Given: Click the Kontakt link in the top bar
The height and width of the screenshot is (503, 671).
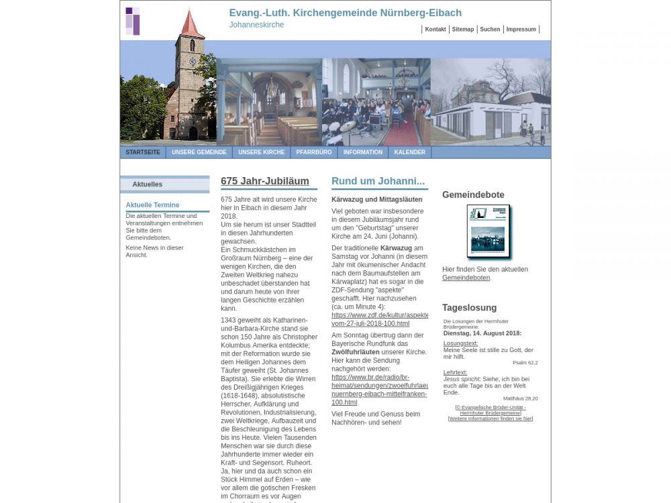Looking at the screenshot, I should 435,30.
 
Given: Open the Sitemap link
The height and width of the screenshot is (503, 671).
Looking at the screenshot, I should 462,30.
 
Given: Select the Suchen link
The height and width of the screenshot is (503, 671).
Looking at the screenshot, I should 490,30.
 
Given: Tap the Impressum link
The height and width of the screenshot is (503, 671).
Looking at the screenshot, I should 521,30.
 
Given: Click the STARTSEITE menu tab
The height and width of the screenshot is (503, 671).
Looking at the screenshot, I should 143,152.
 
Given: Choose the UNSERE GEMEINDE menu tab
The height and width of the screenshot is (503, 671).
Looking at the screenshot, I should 199,152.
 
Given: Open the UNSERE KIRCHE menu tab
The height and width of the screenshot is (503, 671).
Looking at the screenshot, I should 261,152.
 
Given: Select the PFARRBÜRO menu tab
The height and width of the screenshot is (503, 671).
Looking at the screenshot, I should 313,152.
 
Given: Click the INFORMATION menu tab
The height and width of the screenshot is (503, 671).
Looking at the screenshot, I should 362,152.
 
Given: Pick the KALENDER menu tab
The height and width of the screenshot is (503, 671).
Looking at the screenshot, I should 409,152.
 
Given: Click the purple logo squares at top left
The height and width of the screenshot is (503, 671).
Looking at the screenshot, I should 132,21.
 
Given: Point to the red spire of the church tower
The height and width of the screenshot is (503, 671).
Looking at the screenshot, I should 191,25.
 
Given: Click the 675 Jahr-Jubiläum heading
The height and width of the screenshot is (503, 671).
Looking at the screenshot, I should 264,181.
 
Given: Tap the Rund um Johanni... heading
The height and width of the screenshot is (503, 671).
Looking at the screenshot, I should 378,181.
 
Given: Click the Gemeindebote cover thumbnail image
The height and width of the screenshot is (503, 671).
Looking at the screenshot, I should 488,231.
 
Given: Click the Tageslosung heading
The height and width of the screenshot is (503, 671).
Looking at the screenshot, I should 469,308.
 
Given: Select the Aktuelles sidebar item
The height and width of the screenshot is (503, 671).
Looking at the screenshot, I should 147,184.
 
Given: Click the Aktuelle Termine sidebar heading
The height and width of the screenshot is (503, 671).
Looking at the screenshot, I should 152,205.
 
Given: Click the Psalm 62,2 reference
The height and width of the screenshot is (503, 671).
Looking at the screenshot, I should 525,363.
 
